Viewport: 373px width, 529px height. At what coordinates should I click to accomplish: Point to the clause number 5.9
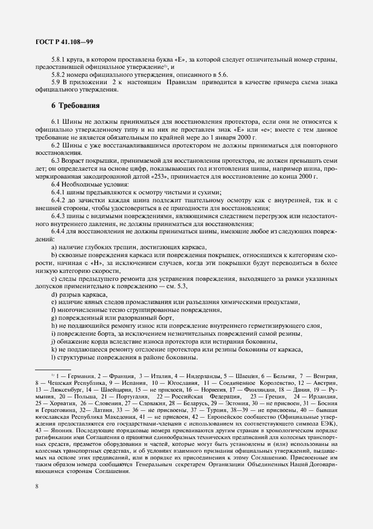[x=56, y=82]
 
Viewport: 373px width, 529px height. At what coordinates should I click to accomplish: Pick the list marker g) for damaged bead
[x=54, y=318]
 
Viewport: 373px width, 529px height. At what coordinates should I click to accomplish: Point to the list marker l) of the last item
[x=53, y=357]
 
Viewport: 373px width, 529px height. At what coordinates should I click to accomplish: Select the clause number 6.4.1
[x=60, y=193]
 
